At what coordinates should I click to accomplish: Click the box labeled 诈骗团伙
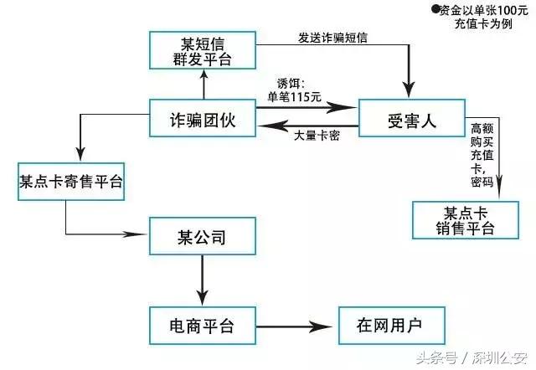point(202,120)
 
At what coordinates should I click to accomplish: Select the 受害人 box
point(412,120)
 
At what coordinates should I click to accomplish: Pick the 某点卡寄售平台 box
point(71,182)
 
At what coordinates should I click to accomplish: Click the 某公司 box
point(202,237)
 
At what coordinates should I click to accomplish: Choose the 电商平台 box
point(202,325)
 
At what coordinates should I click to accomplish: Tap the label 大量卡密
point(317,136)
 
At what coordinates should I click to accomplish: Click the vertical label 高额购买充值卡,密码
point(481,155)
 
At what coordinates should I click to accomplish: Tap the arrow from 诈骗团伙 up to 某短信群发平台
point(202,84)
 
